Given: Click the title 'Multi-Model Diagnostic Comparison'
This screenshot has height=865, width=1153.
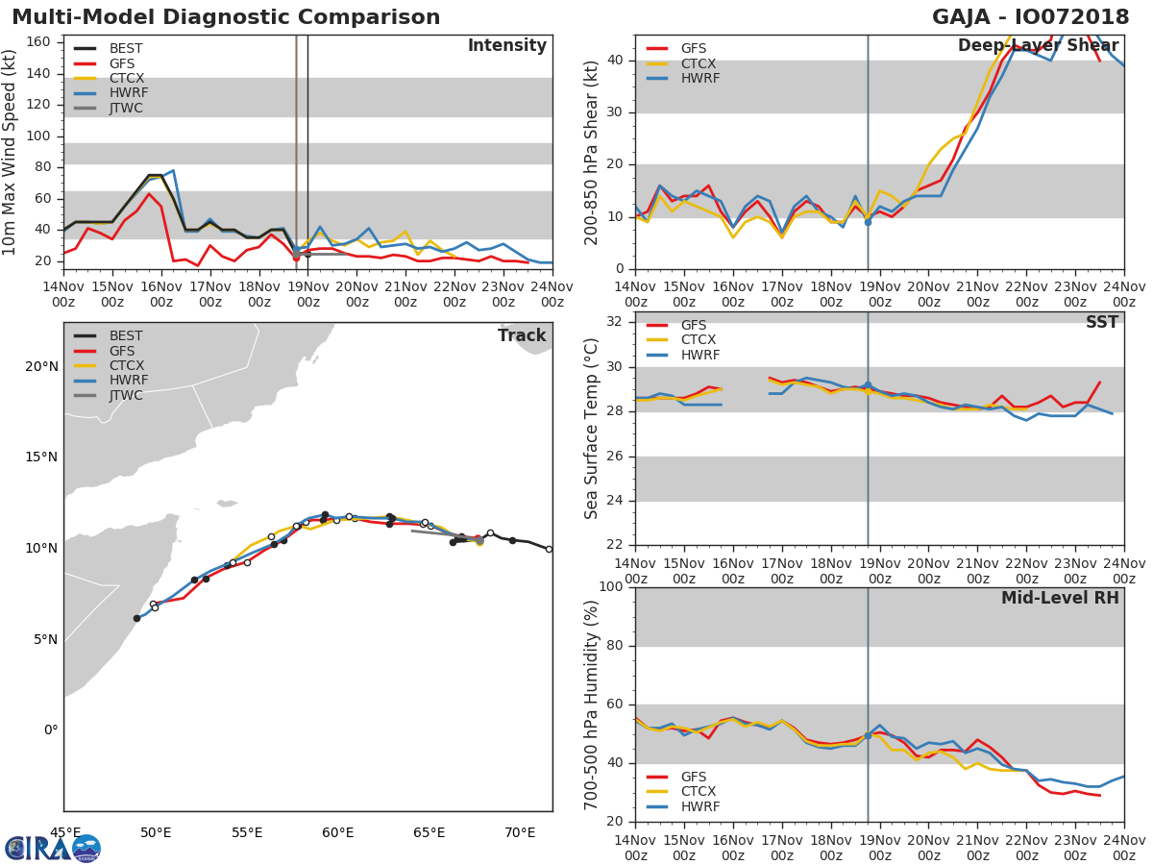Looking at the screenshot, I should pyautogui.click(x=226, y=17).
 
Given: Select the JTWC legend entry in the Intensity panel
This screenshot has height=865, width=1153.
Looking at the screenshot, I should pyautogui.click(x=126, y=109).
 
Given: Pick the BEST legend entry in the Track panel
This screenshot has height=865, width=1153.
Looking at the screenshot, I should pyautogui.click(x=126, y=335).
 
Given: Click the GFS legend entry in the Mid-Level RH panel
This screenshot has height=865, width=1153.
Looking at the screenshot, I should pyautogui.click(x=694, y=777).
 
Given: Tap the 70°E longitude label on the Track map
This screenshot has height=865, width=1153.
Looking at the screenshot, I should pyautogui.click(x=520, y=832).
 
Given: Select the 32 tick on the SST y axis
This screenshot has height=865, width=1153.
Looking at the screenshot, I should pyautogui.click(x=615, y=322).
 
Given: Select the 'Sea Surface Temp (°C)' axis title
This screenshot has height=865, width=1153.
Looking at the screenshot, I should pyautogui.click(x=592, y=428).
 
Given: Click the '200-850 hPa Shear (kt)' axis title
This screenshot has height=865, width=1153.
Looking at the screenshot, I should pyautogui.click(x=592, y=152).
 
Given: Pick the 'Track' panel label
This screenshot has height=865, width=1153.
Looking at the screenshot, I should pyautogui.click(x=522, y=335).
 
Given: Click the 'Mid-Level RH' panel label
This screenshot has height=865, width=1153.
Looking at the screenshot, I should pyautogui.click(x=1060, y=598).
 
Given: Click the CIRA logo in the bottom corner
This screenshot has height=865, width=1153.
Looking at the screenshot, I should pyautogui.click(x=53, y=848).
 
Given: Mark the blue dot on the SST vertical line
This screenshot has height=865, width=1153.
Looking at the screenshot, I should pyautogui.click(x=868, y=385).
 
